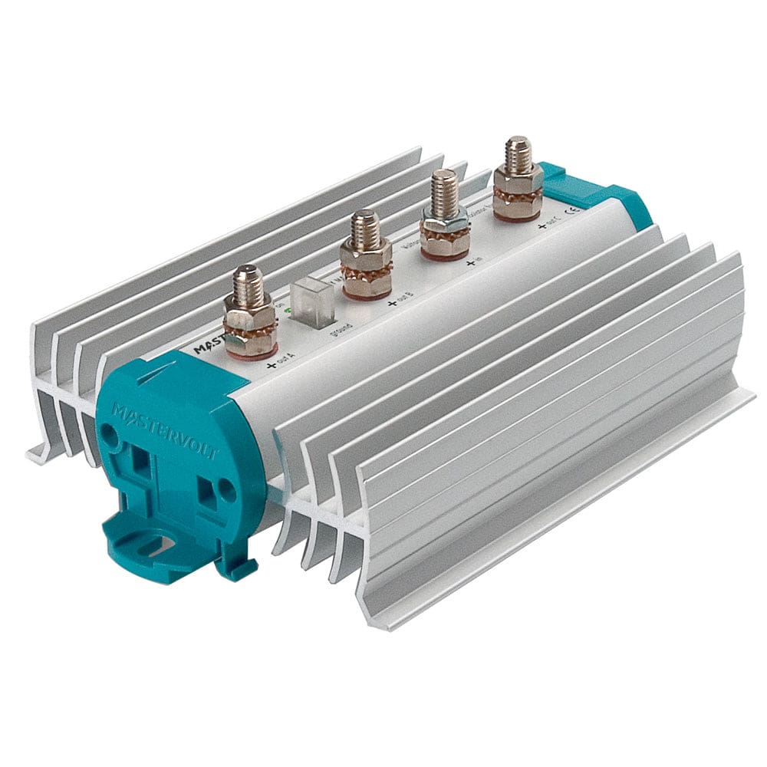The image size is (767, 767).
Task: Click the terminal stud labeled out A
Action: (x=250, y=314)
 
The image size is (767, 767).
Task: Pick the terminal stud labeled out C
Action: (x=518, y=179)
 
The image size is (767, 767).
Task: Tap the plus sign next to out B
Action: (x=393, y=304)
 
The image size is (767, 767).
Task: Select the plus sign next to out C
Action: (x=541, y=224)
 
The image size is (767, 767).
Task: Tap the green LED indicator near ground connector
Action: (x=288, y=311)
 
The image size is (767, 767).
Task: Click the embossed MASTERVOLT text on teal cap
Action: (x=166, y=433)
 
